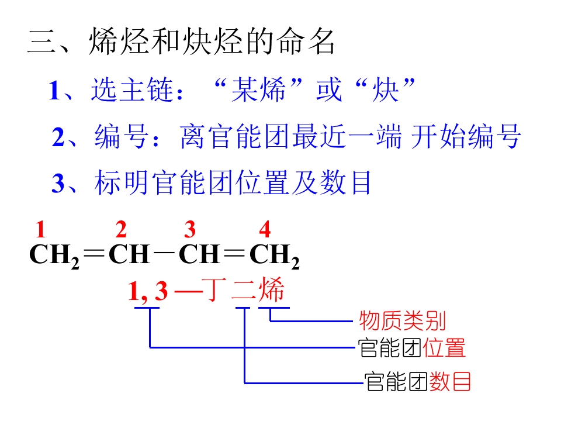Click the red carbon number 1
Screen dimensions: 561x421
[x=40, y=229]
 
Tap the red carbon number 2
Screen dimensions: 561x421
[x=121, y=229]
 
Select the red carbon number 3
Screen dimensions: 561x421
[x=190, y=229]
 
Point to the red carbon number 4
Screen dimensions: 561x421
[x=265, y=229]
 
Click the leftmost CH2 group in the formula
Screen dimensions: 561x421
[x=54, y=256]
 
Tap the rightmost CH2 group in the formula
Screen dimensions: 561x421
[x=275, y=256]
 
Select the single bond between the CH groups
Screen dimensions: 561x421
[x=165, y=254]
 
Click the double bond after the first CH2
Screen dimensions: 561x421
[x=93, y=254]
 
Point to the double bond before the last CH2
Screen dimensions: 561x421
[x=234, y=254]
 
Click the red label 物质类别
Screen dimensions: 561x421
[x=403, y=321]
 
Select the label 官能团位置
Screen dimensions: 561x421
[x=412, y=347]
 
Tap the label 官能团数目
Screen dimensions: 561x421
[x=417, y=382]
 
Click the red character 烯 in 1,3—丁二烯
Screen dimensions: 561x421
[x=272, y=289]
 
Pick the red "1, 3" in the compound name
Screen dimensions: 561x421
[x=148, y=291]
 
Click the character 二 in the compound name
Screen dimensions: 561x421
[x=244, y=290]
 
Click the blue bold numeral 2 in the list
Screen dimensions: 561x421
[x=58, y=137]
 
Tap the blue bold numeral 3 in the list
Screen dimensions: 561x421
[x=58, y=183]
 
